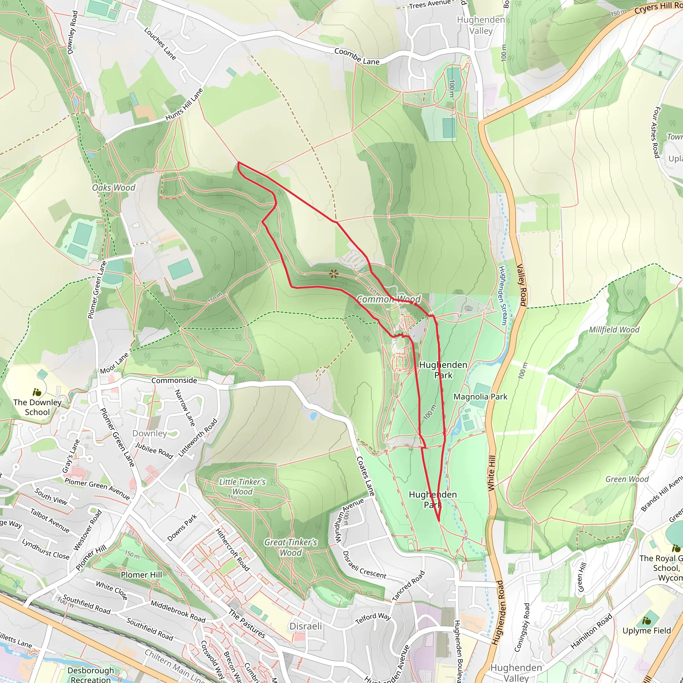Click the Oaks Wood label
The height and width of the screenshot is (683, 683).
point(113,188)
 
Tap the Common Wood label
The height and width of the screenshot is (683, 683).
point(389,299)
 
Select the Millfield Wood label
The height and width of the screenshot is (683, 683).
point(614,330)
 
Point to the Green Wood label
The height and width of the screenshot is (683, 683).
point(627,479)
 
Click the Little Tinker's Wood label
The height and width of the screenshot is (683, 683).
point(242,487)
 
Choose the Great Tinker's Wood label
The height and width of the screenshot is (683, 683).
point(290,547)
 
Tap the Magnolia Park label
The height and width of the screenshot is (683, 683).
point(480,397)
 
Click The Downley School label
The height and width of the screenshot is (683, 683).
point(37,407)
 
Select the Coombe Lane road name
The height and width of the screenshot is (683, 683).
point(357,57)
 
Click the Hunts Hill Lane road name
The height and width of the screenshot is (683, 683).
point(184,104)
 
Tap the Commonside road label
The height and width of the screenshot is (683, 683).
point(174,381)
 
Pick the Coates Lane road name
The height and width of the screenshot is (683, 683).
point(365,476)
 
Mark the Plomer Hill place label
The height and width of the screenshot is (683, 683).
point(141,575)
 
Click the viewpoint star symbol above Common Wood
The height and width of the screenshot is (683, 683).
point(333,273)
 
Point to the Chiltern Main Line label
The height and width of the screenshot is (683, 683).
point(174,666)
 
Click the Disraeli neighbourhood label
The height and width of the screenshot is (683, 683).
point(305,626)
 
